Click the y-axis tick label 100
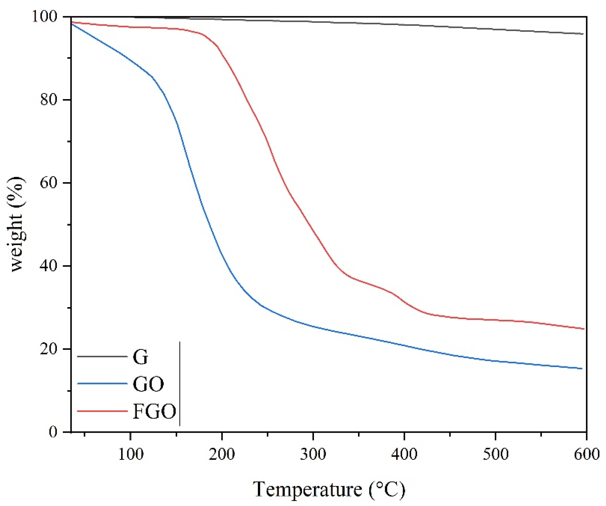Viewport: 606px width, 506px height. tap(44, 16)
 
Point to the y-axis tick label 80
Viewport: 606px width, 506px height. tap(49, 99)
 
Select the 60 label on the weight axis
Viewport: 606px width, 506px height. tap(49, 183)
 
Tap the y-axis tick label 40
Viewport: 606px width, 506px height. tap(49, 266)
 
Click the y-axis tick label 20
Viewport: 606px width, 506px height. tap(49, 349)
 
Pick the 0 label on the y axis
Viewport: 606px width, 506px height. tap(53, 432)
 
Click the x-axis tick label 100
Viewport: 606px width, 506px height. tap(131, 454)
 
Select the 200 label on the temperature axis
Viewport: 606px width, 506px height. tap(222, 454)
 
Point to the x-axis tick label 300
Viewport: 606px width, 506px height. tap(313, 454)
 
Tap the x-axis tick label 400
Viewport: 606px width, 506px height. tap(404, 454)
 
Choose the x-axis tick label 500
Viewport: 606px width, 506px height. tap(495, 454)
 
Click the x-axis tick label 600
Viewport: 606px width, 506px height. tap(586, 454)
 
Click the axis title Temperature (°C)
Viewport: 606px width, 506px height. tap(329, 489)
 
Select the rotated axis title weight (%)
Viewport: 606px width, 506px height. tap(16, 224)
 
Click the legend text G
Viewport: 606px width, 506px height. tap(140, 357)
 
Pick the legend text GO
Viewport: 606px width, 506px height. tap(148, 384)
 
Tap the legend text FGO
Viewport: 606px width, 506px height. tap(154, 411)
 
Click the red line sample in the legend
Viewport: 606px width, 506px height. tap(102, 411)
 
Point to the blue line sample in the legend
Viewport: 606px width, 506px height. tap(102, 383)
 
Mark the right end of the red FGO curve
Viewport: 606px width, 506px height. tap(584, 329)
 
